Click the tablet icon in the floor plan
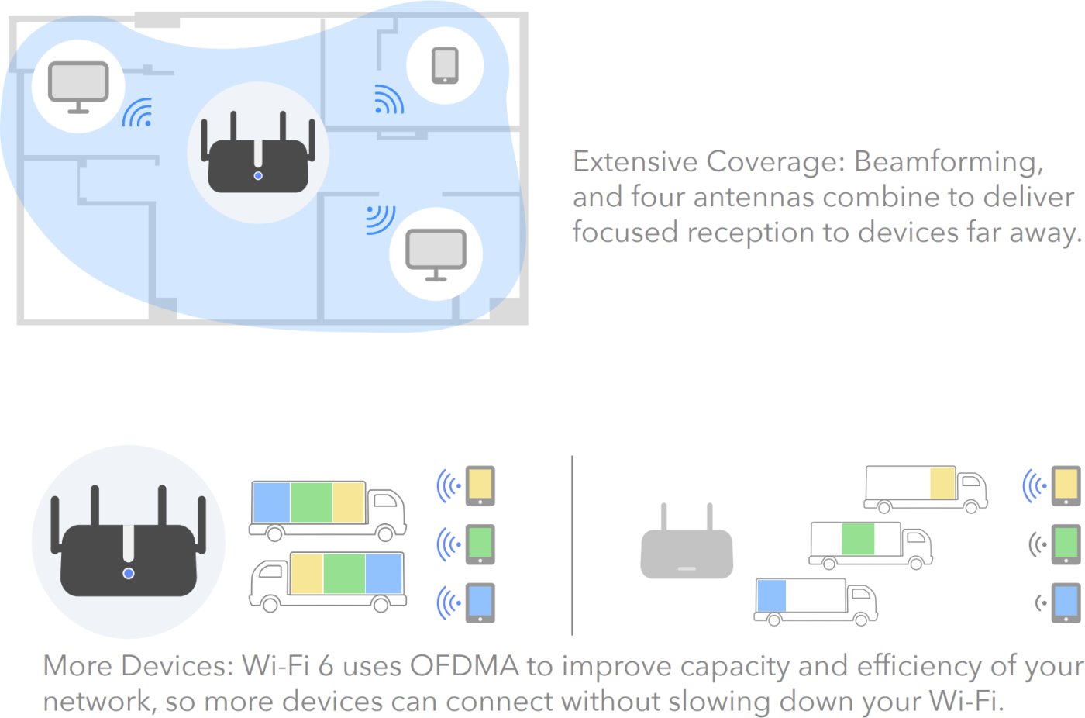[x=445, y=65]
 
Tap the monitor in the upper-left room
[x=78, y=87]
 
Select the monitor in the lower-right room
[x=436, y=254]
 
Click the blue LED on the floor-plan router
[x=258, y=176]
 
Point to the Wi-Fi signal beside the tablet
[x=389, y=100]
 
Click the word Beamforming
[x=948, y=161]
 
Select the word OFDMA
[x=464, y=666]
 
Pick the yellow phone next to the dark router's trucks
[x=480, y=486]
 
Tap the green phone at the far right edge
[x=1066, y=544]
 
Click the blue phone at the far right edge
[x=1066, y=603]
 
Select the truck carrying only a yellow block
[x=925, y=489]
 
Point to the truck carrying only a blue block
[x=815, y=602]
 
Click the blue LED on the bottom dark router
[x=129, y=574]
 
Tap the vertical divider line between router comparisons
[x=573, y=545]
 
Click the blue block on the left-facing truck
[x=384, y=574]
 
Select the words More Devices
[x=139, y=666]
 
